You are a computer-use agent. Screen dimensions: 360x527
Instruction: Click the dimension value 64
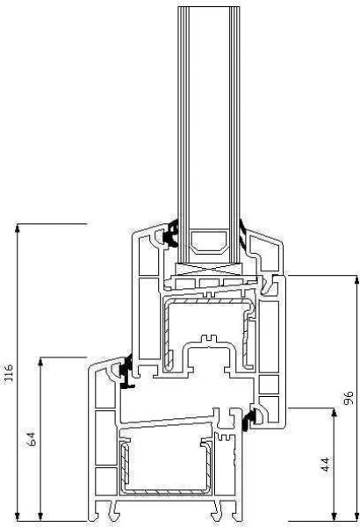pos(32,439)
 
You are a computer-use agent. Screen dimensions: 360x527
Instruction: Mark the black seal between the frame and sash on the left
pos(128,372)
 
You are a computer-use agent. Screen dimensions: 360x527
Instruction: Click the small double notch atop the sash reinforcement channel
pos(210,338)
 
